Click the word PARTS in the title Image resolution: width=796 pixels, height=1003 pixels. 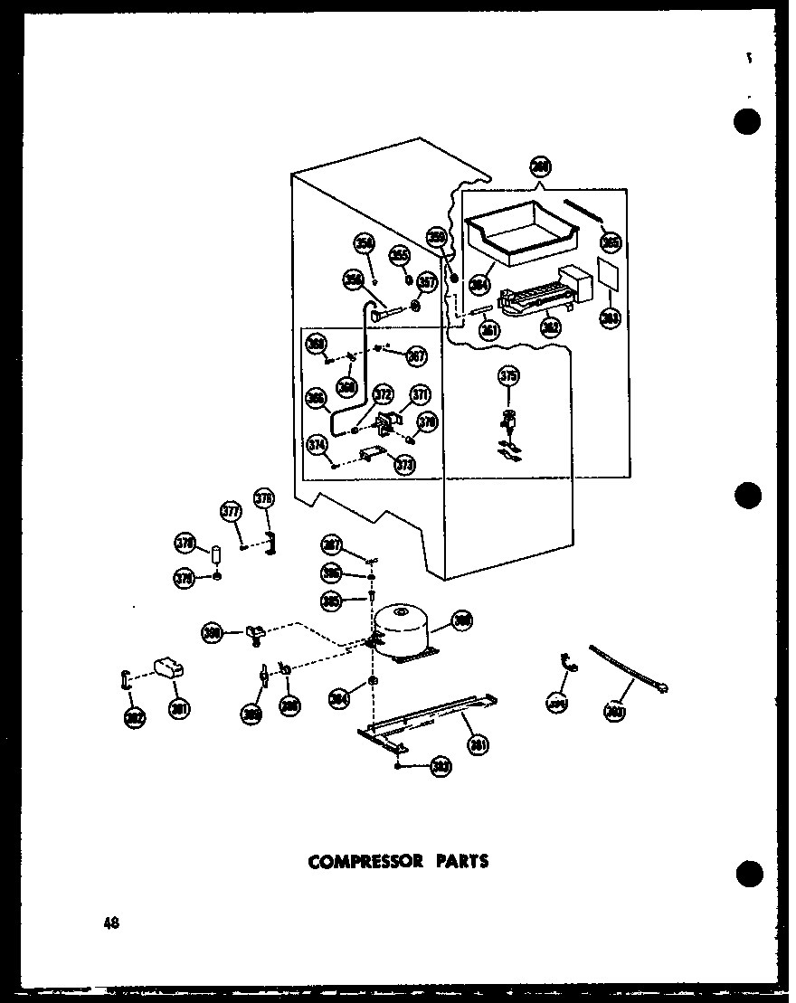pos(461,861)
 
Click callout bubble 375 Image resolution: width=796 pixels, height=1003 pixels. pos(510,376)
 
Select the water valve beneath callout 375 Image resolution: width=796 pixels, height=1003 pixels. pos(509,425)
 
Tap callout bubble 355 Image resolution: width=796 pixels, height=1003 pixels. pos(398,257)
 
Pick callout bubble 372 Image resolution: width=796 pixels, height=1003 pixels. pos(383,393)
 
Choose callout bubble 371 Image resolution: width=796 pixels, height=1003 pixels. pos(420,393)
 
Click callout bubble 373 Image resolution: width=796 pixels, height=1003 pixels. pos(404,465)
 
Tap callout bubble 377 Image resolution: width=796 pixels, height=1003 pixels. pos(232,512)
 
